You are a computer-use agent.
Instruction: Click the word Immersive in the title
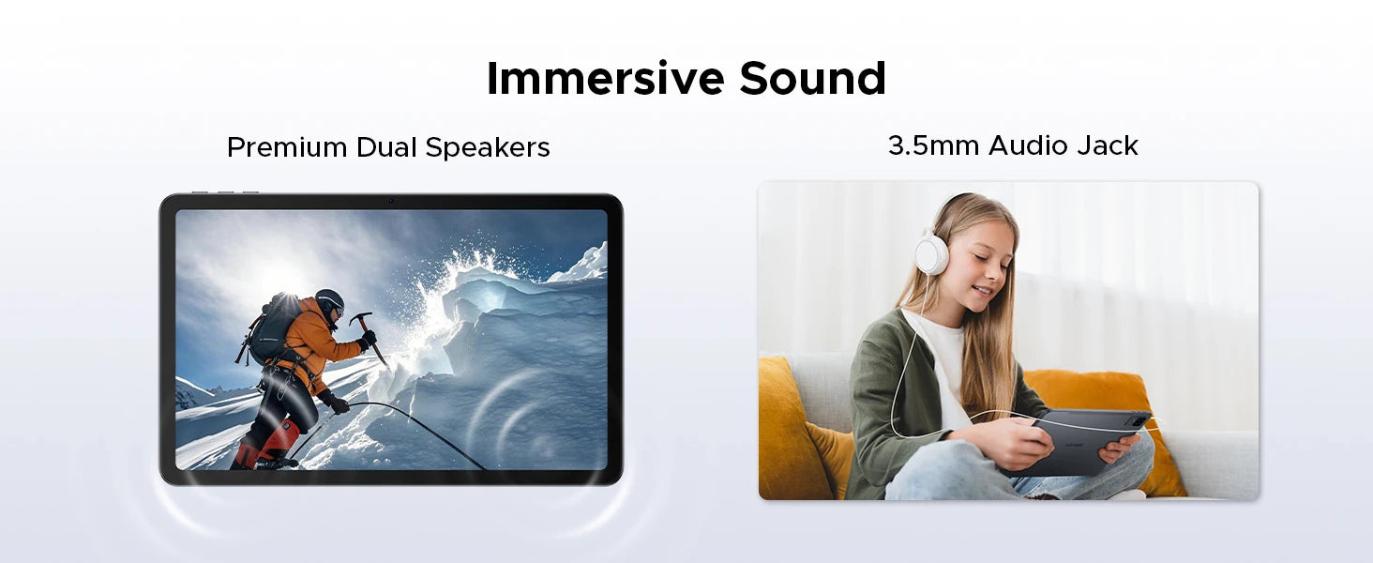(606, 78)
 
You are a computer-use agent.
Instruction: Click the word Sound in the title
(813, 78)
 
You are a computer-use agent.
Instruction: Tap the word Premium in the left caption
(287, 147)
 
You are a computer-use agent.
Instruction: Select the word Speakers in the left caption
(488, 148)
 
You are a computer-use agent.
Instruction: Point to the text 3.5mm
(933, 145)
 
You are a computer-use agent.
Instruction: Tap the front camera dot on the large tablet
(390, 201)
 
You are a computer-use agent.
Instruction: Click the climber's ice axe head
(360, 319)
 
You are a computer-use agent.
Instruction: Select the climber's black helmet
(330, 302)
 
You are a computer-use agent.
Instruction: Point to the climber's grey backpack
(272, 329)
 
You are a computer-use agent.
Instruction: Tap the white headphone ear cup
(931, 255)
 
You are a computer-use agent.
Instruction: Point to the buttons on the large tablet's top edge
(225, 192)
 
